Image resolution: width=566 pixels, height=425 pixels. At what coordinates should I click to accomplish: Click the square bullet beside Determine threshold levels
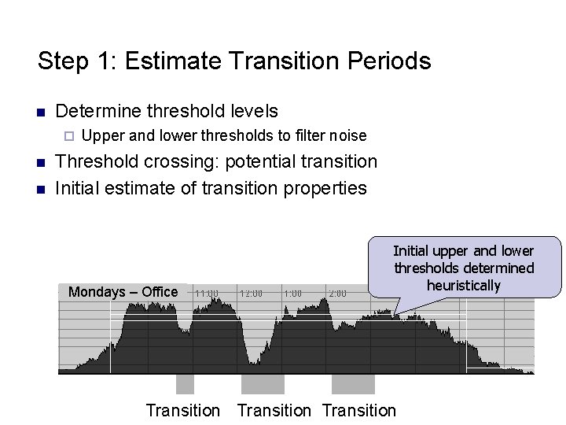[42, 111]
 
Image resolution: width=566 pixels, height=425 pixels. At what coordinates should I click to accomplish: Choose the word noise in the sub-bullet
[348, 135]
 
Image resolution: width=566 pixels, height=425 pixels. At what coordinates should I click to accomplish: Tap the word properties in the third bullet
[323, 188]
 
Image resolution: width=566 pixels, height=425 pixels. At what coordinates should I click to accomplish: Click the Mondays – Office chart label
[123, 292]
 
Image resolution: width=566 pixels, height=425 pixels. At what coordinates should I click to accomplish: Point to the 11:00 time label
[206, 293]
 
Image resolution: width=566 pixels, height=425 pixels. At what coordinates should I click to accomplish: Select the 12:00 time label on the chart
[251, 293]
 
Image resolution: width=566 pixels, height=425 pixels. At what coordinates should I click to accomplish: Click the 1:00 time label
[292, 293]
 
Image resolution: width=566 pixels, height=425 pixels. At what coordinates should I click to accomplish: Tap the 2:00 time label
[336, 293]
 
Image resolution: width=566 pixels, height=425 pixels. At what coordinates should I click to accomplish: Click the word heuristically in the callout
[463, 285]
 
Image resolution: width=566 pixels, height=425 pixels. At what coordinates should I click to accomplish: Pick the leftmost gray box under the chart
[185, 383]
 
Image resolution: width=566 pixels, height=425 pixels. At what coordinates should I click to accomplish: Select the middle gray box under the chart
[263, 383]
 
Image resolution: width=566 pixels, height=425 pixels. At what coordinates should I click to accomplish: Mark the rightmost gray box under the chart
[353, 383]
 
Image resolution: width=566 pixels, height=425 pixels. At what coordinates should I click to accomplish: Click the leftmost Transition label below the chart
[183, 410]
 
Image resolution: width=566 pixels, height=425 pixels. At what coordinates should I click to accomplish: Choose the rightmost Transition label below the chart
[359, 410]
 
